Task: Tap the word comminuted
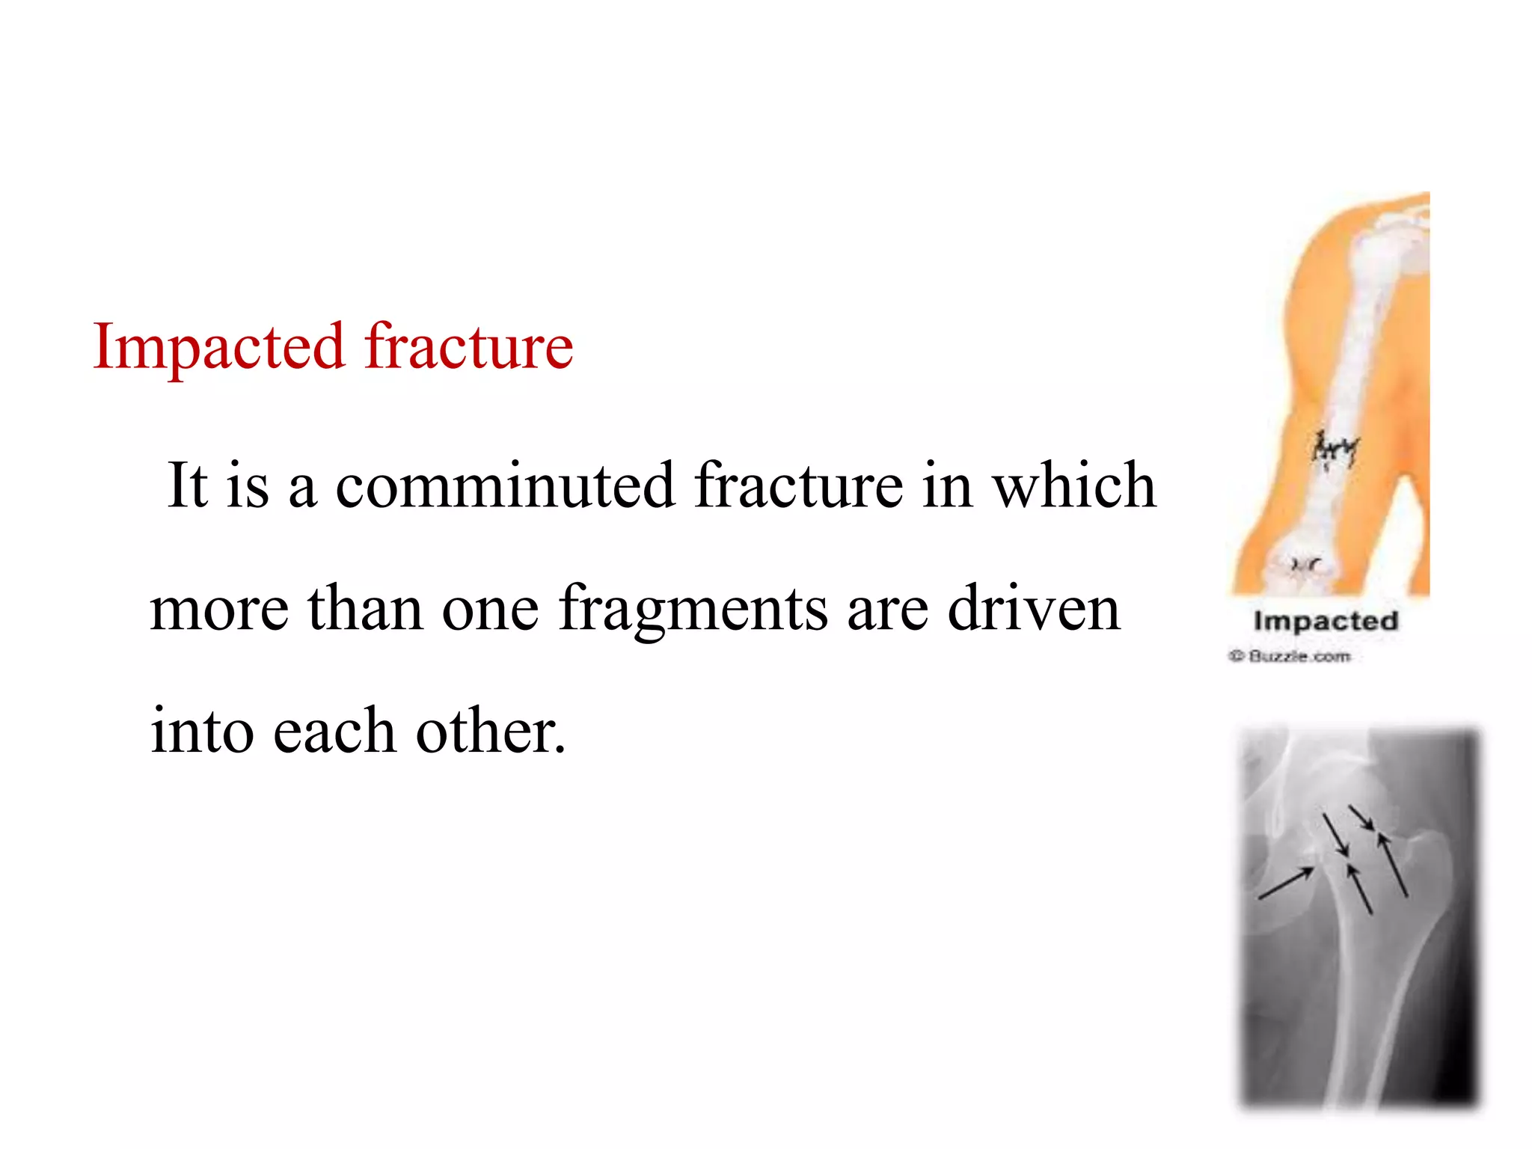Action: pos(506,485)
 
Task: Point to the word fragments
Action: pos(693,609)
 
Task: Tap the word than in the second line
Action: pos(365,609)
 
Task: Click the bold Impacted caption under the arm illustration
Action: pos(1326,621)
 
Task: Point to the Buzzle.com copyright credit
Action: pos(1290,657)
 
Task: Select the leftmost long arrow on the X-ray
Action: pos(1286,883)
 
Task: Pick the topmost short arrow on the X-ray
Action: pos(1361,817)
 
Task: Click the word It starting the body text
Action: pos(187,485)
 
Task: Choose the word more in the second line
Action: pos(219,609)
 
